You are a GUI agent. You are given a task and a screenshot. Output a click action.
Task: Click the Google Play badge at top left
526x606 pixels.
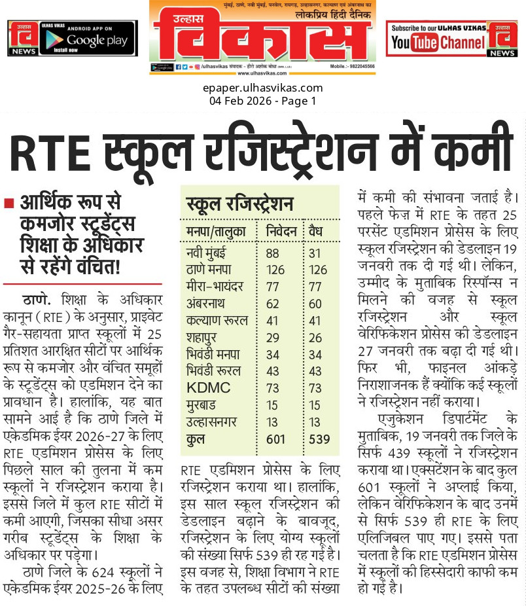point(88,38)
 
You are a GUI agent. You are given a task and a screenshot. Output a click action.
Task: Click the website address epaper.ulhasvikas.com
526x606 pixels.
point(263,88)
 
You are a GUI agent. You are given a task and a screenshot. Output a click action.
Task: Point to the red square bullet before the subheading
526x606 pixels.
point(9,203)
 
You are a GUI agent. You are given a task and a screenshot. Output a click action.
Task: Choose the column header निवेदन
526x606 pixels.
point(283,232)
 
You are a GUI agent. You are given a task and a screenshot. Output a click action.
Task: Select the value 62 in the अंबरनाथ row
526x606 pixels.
point(274,303)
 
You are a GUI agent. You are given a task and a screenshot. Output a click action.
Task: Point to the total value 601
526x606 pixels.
point(276,439)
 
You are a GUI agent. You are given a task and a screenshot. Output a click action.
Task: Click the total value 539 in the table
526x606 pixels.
point(319,439)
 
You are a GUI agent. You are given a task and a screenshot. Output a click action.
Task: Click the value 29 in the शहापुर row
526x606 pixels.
point(274,337)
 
